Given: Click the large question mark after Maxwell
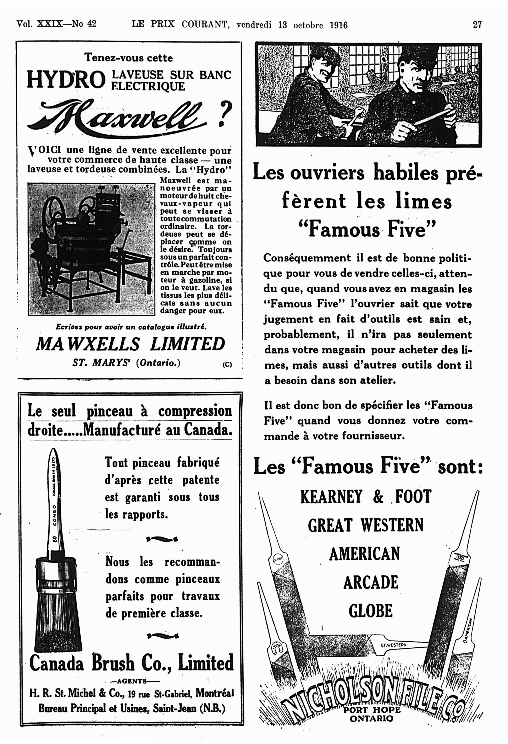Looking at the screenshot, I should [x=225, y=114].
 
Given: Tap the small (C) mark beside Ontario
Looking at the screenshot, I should [x=227, y=364].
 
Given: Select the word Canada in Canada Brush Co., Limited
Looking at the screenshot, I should [x=56, y=663].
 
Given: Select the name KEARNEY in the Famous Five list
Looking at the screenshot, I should [x=331, y=497].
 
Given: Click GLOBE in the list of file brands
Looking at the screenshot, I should [x=370, y=611].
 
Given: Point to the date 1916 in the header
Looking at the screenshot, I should [x=338, y=25].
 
